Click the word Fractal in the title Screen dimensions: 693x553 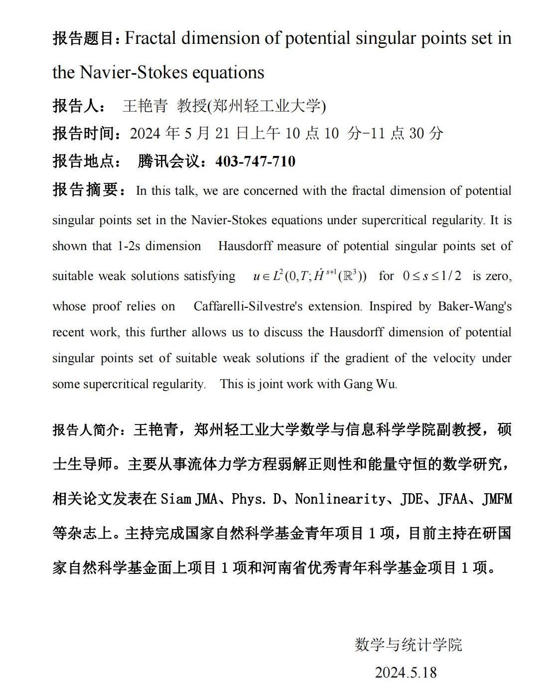(150, 38)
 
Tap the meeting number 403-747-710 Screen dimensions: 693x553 (255, 161)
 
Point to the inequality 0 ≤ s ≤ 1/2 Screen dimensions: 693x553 (432, 276)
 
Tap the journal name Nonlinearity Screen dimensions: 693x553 (340, 499)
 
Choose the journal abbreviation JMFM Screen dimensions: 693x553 (497, 499)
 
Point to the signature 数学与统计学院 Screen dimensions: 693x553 (409, 645)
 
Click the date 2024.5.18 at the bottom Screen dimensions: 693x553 (406, 673)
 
